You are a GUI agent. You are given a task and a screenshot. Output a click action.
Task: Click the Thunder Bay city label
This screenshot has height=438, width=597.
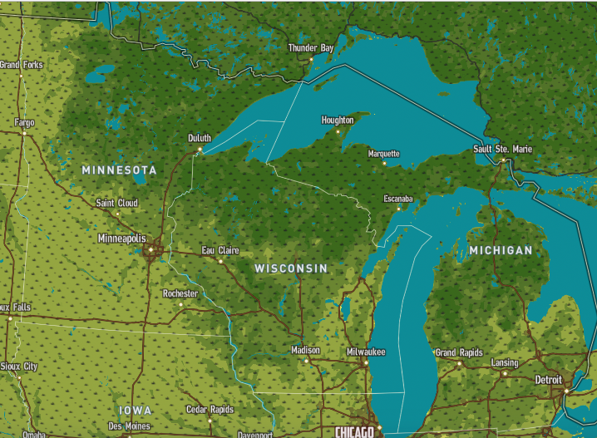(310, 48)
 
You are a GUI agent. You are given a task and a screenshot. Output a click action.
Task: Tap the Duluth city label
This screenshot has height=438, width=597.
(200, 138)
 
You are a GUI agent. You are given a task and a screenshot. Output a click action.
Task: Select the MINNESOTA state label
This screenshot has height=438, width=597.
(119, 170)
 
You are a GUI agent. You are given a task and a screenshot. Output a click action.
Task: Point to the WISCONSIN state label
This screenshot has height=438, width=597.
(291, 268)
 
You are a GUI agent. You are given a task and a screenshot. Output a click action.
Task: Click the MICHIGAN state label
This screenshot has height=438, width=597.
(501, 249)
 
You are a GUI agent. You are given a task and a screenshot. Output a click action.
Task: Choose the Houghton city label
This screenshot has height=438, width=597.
(338, 121)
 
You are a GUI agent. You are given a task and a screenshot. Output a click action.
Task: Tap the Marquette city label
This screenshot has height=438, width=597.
(384, 154)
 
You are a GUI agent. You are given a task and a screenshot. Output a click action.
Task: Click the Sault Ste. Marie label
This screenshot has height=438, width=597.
(503, 149)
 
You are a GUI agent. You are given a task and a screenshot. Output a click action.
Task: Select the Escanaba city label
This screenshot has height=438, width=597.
(398, 198)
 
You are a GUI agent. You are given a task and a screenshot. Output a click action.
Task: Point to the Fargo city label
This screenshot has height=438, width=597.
(24, 123)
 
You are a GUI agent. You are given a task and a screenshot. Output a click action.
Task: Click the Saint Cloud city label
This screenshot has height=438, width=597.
(116, 203)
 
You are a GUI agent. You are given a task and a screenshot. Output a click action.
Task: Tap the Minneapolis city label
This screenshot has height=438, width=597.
(121, 239)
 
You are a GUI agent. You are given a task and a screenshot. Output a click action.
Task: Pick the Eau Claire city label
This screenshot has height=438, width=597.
(220, 250)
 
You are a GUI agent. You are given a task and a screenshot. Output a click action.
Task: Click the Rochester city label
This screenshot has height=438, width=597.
(180, 293)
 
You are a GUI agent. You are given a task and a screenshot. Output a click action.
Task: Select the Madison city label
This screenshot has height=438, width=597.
(305, 350)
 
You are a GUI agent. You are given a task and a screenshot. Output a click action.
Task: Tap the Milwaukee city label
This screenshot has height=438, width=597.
(366, 352)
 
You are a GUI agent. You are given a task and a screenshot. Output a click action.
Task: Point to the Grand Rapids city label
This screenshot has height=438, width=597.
(458, 352)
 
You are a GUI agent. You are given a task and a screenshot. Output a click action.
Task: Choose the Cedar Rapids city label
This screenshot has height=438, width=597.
(210, 410)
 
